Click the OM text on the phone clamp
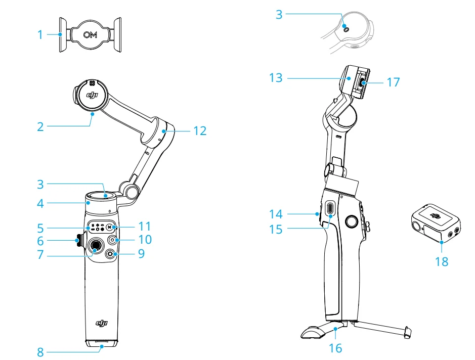[91, 34]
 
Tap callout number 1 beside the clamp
[40, 35]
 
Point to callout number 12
[200, 131]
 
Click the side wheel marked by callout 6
[78, 240]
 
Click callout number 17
[393, 82]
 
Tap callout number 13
[276, 78]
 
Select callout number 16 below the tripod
[335, 348]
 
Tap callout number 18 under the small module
[442, 262]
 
